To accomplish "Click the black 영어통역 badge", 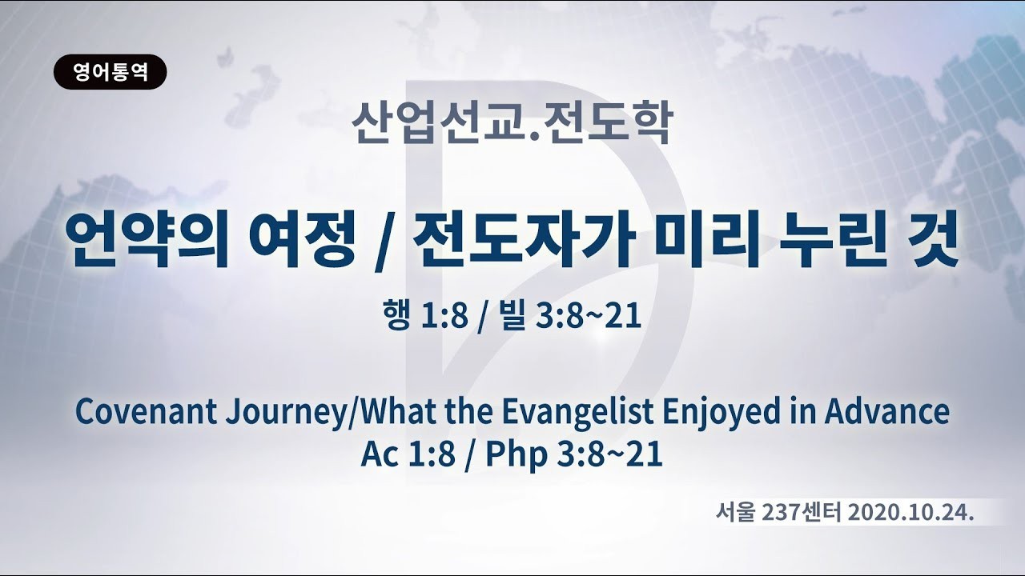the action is pos(111,72).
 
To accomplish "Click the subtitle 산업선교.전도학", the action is pos(512,123).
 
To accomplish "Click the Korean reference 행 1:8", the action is pos(426,315).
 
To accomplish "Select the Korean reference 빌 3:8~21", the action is pos(571,315).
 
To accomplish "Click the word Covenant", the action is pos(147,412).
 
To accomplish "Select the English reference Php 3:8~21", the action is pos(574,455).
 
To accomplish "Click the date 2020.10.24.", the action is pos(910,514).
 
